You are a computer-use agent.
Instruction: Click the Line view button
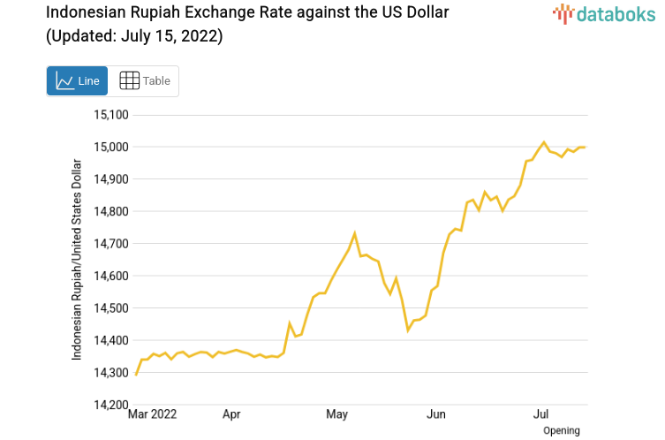click(x=77, y=81)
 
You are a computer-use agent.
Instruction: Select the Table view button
click(x=144, y=81)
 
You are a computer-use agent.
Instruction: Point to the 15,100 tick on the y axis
click(x=111, y=115)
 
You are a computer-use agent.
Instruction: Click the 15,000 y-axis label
click(x=111, y=147)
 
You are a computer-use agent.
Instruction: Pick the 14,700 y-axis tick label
click(x=111, y=244)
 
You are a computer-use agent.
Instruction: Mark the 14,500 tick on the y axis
click(x=111, y=308)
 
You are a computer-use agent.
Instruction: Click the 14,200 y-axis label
click(x=111, y=405)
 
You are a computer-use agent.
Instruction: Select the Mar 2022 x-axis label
click(x=153, y=413)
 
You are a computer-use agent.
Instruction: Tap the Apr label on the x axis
click(x=231, y=413)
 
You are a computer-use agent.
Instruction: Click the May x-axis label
click(x=336, y=413)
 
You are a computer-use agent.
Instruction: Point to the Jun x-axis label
click(x=435, y=413)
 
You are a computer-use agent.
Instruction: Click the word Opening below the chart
click(x=562, y=430)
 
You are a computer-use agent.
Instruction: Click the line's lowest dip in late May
click(x=408, y=330)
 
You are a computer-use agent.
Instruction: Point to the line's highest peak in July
click(x=544, y=142)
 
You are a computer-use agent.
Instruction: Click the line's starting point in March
click(x=136, y=375)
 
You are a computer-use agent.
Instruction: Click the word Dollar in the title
click(x=425, y=13)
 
